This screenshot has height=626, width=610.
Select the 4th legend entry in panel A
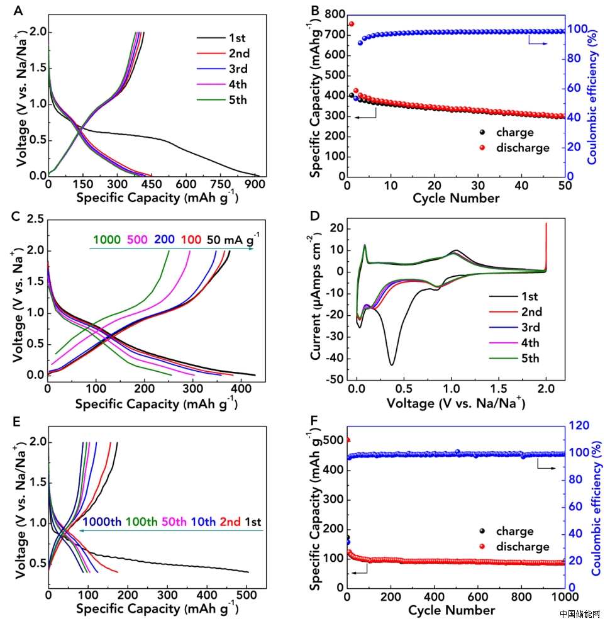click(x=238, y=84)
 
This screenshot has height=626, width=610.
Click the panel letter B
click(x=314, y=10)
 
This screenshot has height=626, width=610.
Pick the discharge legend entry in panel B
click(x=523, y=148)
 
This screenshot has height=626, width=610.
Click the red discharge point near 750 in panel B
click(x=352, y=24)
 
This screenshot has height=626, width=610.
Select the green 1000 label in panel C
click(x=107, y=239)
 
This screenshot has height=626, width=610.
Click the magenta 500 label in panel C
click(x=138, y=239)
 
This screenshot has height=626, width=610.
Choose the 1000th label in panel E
click(x=103, y=522)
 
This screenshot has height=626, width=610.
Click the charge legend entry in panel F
click(x=514, y=532)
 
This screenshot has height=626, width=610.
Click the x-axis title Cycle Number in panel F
click(x=451, y=610)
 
